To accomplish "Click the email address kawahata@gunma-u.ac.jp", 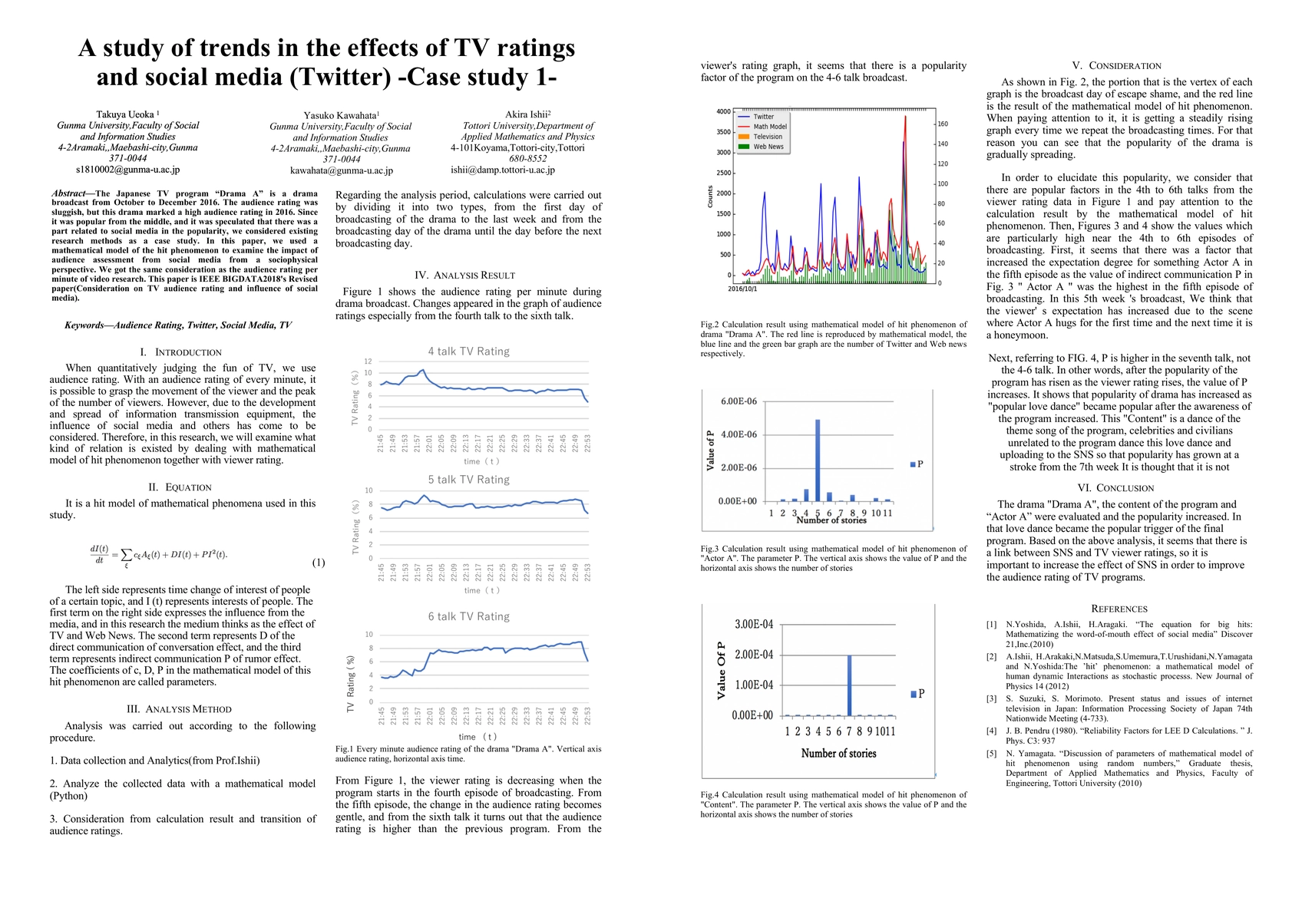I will tap(341, 170).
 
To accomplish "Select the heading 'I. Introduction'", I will tap(188, 352).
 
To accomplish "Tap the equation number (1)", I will tap(319, 563).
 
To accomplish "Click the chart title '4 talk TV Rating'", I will tap(468, 352).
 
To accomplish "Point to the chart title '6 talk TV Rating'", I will tap(468, 616).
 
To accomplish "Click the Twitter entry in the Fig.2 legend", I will tap(763, 117).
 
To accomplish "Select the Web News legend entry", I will tap(768, 147).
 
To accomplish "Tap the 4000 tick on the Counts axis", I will tap(723, 112).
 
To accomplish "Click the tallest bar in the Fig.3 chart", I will tap(818, 460).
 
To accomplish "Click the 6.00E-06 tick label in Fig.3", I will tap(739, 401).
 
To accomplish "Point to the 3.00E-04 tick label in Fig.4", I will tap(753, 624).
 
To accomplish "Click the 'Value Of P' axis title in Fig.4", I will tap(721, 670).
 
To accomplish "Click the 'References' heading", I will tap(1119, 609).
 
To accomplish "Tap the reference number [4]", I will tap(991, 731).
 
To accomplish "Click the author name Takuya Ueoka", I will tap(127, 114).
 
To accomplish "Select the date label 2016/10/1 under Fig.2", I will tap(742, 289).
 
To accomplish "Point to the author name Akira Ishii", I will tap(527, 114).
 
